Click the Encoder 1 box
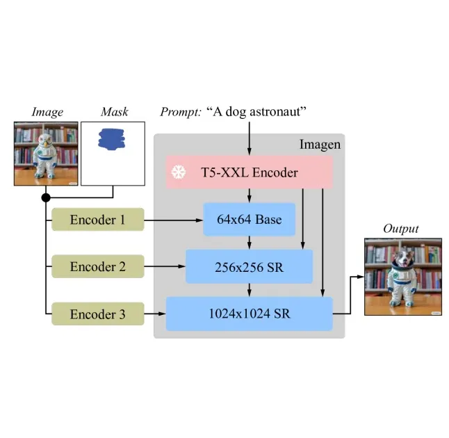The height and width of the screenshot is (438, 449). click(x=97, y=220)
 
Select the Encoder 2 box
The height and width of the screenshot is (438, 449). click(x=97, y=267)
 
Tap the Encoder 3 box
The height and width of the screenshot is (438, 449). click(x=97, y=314)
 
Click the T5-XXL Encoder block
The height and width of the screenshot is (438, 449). click(x=249, y=172)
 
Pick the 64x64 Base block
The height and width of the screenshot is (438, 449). click(x=249, y=220)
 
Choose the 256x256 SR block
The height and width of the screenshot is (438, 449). click(x=249, y=267)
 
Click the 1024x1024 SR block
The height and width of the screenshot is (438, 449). click(x=249, y=314)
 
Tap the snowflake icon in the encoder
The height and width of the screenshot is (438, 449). click(x=179, y=172)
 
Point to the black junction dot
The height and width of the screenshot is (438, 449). click(x=46, y=198)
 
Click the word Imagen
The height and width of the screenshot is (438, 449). click(x=320, y=145)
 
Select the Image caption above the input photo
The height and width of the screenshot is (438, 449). click(x=47, y=112)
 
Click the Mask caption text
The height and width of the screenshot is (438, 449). click(x=114, y=112)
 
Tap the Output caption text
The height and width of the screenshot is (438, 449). click(x=401, y=229)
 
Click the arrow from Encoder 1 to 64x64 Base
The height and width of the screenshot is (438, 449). click(x=173, y=220)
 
